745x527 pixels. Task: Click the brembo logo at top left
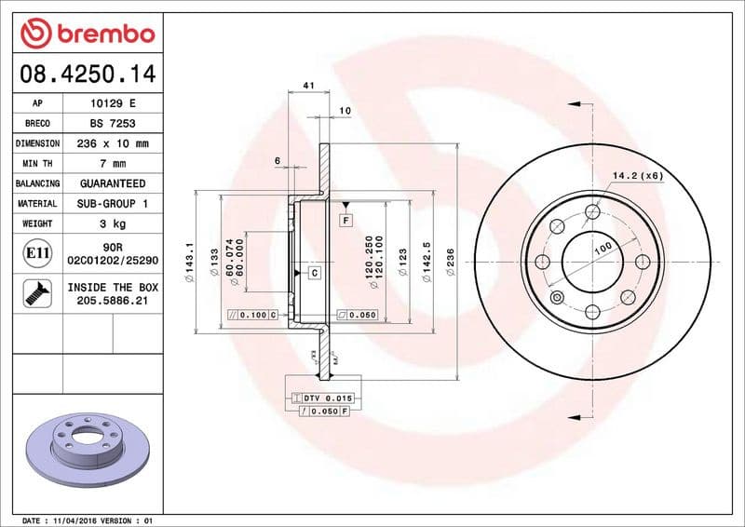[x=87, y=34]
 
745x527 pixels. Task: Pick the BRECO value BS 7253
[x=113, y=123]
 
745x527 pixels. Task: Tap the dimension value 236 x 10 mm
[x=113, y=143]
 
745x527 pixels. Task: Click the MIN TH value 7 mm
[x=113, y=164]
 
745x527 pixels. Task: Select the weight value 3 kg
[x=113, y=223]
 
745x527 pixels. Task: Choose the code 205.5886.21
[x=113, y=302]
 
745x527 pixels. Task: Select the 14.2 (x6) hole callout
[x=637, y=175]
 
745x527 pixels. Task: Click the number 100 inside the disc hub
[x=603, y=250]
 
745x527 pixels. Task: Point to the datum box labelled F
[x=345, y=221]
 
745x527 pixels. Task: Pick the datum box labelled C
[x=315, y=273]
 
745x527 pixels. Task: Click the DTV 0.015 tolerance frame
[x=322, y=399]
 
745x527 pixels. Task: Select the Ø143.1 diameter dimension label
[x=190, y=258]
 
